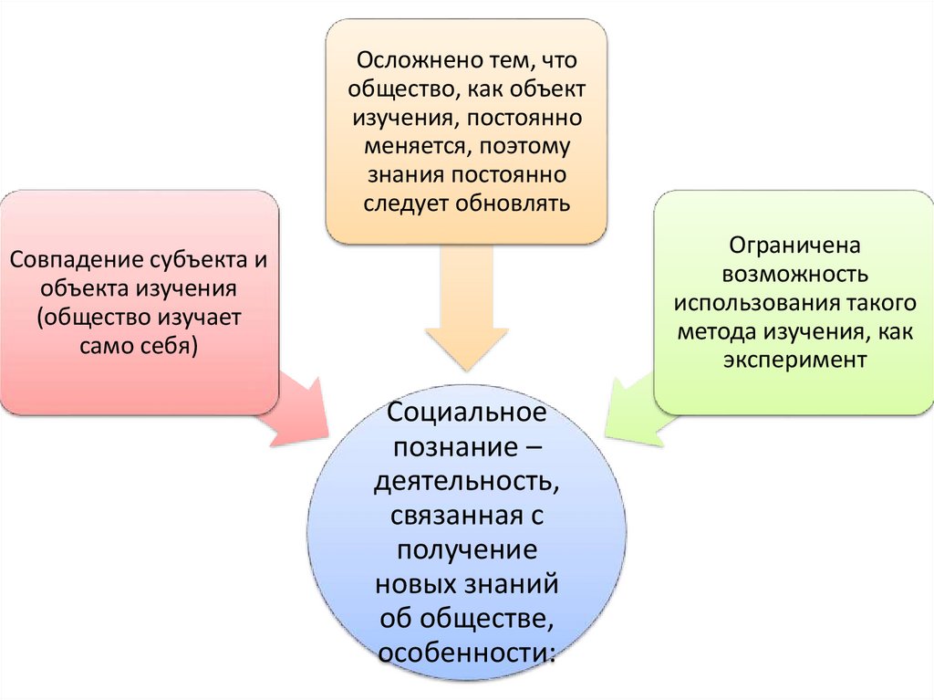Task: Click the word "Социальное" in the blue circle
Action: tap(466, 413)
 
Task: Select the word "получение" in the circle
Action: tap(466, 550)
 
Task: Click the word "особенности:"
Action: tap(466, 653)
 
